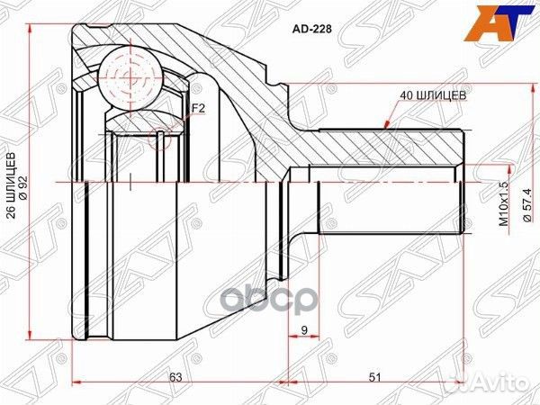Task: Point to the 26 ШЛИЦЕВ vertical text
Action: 12,181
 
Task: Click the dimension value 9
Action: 305,330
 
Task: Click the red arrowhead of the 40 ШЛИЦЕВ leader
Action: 386,123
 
